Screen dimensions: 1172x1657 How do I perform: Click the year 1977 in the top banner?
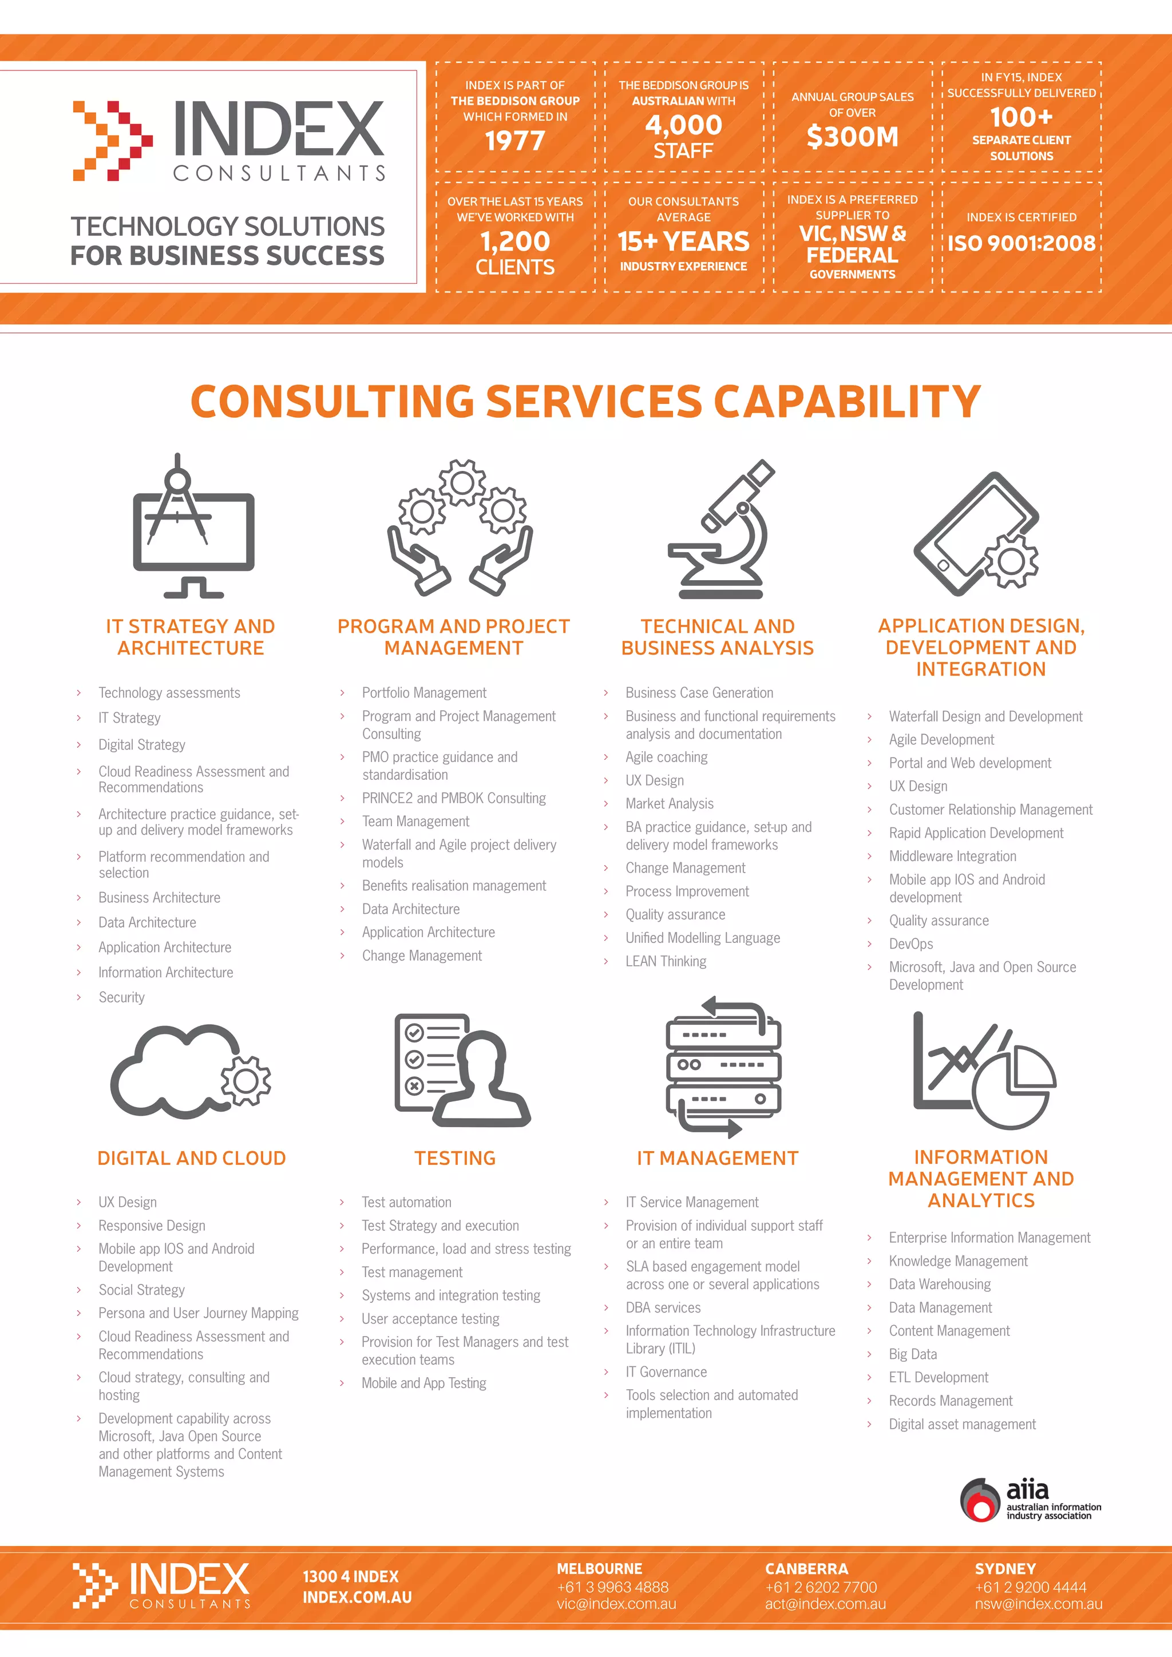pos(514,141)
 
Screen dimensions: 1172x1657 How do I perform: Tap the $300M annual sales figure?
pos(852,136)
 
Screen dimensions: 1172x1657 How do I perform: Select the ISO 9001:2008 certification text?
pos(1021,243)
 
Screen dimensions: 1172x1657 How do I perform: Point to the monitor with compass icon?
pos(193,527)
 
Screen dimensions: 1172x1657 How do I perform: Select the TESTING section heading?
pos(454,1158)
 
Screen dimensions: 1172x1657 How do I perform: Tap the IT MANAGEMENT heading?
pos(718,1158)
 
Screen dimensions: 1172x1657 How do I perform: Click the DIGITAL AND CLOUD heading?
pos(191,1158)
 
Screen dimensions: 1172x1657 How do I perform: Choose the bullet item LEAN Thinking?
pos(666,961)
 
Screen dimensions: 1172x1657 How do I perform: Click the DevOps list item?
pos(910,944)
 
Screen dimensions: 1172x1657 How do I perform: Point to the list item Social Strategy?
pos(141,1290)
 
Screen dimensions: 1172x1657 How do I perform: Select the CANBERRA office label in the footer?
pos(806,1569)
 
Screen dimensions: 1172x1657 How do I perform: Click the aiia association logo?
pos(1030,1500)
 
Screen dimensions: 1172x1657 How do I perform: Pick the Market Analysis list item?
pos(669,804)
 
